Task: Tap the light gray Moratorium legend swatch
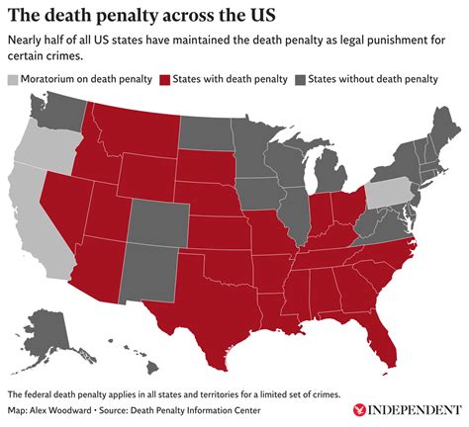click(x=13, y=79)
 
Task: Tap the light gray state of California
click(x=36, y=213)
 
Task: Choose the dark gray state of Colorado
click(x=157, y=221)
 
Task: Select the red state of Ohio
click(x=345, y=209)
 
